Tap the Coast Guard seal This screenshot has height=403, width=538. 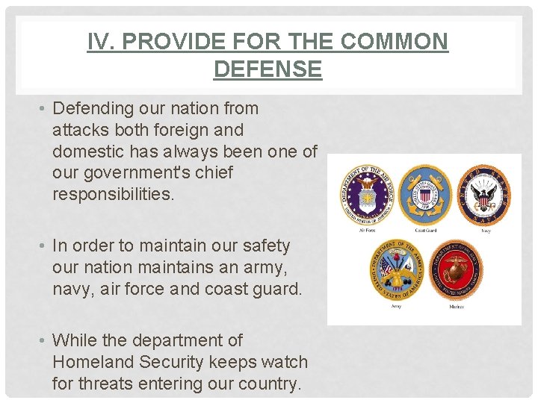tap(424, 195)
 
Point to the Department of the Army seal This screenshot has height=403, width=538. tap(396, 269)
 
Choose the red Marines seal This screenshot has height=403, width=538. tap(456, 269)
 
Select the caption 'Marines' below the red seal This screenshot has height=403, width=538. tap(456, 306)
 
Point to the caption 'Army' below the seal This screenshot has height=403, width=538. tap(396, 306)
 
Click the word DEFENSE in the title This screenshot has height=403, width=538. tap(268, 69)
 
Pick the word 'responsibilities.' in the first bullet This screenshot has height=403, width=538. tap(113, 195)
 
